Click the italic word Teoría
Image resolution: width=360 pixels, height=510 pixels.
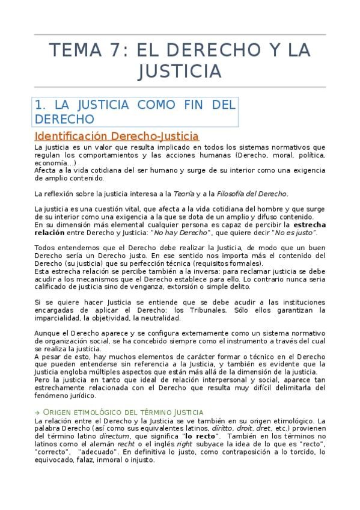pyautogui.click(x=183, y=193)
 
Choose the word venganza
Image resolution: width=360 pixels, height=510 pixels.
pyautogui.click(x=154, y=287)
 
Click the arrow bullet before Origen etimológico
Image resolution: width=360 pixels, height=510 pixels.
pyautogui.click(x=37, y=412)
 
